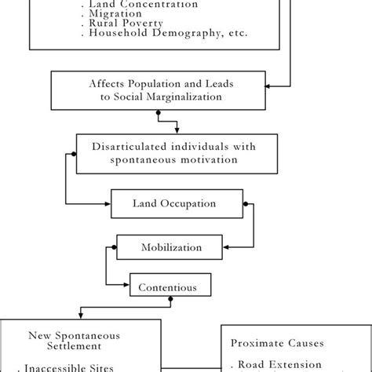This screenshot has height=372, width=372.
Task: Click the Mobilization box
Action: [x=171, y=247]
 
